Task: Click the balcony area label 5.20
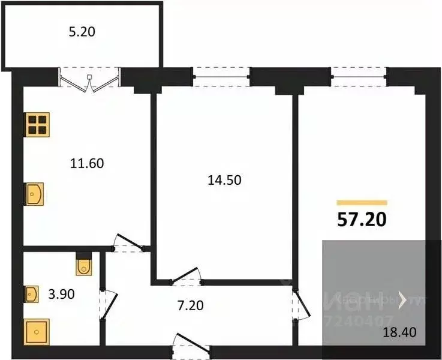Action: click(83, 33)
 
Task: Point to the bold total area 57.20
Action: click(362, 220)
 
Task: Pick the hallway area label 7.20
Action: click(191, 306)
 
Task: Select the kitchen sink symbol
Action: click(34, 194)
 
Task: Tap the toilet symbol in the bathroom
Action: click(84, 265)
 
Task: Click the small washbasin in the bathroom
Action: click(32, 294)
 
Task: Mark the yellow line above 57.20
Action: click(362, 203)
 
